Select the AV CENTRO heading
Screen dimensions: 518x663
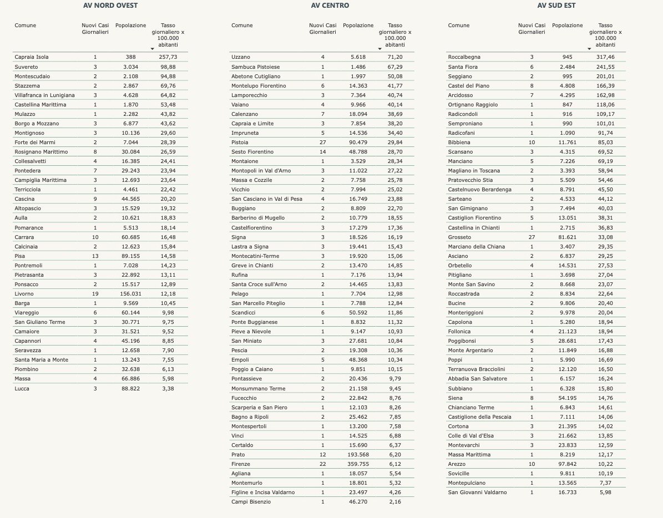tap(330, 6)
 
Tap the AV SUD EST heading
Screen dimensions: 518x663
tap(556, 6)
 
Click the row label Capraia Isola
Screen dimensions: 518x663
tap(32, 57)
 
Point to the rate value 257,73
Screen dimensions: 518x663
tap(168, 57)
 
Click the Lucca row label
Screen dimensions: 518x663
tap(22, 389)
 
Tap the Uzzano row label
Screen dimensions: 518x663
tap(241, 57)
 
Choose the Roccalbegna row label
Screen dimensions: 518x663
tap(464, 57)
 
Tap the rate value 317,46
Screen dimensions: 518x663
tap(606, 57)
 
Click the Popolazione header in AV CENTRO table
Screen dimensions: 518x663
tap(358, 26)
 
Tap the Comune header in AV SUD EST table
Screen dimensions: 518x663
tap(459, 26)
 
